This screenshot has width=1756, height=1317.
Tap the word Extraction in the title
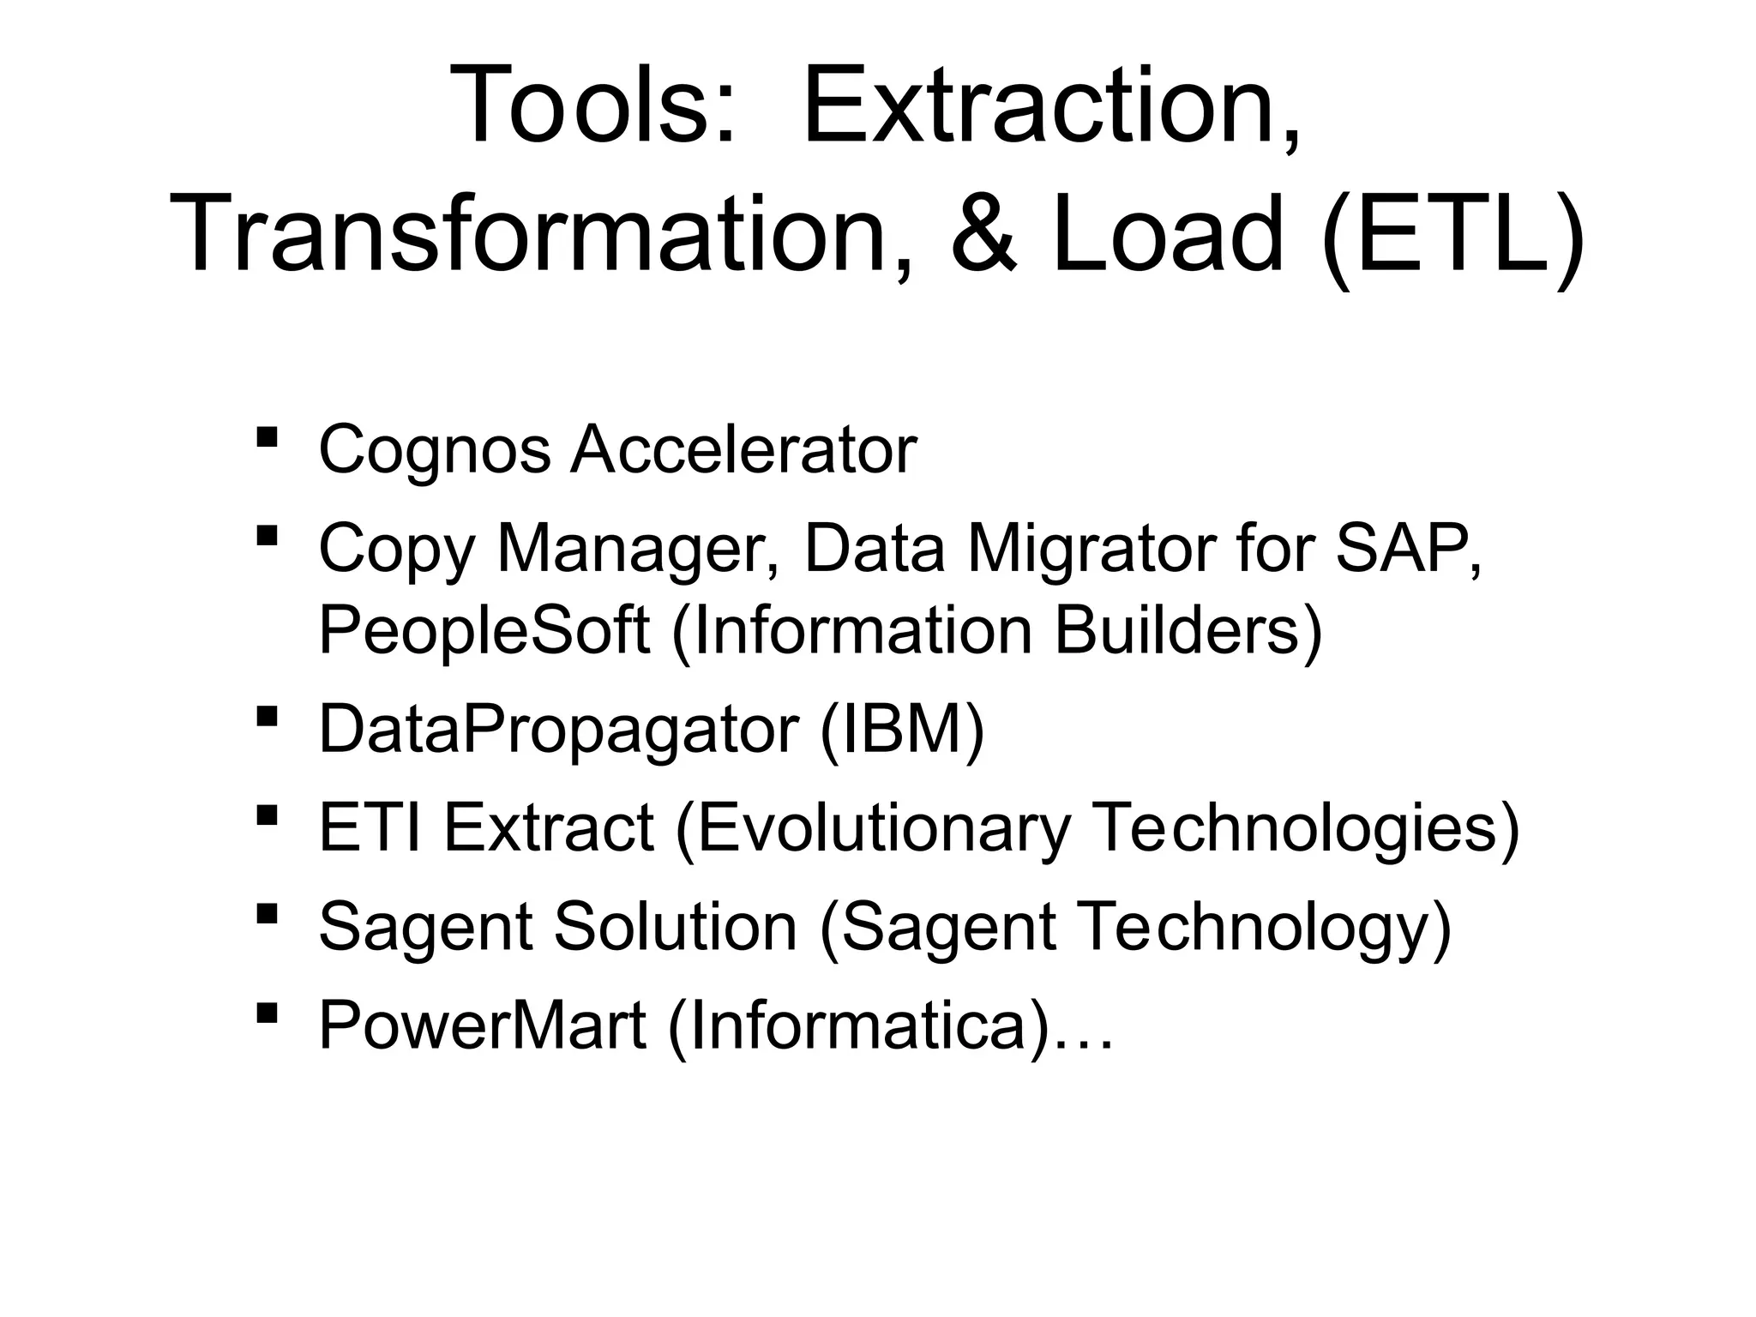point(1051,106)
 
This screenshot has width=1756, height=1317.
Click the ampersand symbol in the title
point(984,233)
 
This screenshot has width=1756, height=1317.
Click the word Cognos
point(434,450)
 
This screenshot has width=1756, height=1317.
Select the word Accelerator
point(743,450)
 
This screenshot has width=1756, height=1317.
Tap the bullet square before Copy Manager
point(267,537)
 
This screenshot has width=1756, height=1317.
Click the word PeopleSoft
point(484,630)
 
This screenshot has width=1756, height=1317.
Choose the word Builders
point(1187,630)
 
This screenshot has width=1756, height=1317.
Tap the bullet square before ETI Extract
point(267,814)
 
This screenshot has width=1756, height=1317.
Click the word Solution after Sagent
point(676,927)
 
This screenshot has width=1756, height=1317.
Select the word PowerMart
point(482,1025)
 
